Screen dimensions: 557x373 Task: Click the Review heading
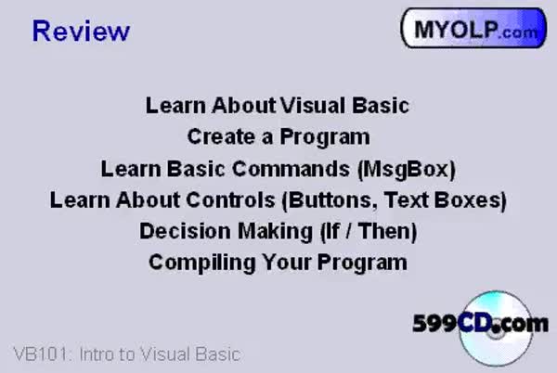click(81, 31)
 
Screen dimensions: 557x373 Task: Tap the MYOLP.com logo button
click(473, 28)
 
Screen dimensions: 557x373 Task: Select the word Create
click(222, 136)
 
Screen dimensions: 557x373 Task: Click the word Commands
click(291, 168)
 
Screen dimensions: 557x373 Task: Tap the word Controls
click(230, 199)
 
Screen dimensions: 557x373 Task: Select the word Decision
click(185, 231)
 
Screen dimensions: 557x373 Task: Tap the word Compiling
click(202, 263)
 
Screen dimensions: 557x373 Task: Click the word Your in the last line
click(287, 263)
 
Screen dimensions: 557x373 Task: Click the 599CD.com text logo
click(480, 323)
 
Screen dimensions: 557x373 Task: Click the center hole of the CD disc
click(497, 332)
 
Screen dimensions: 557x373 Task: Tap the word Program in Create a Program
click(325, 137)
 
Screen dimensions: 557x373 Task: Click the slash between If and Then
click(349, 231)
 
